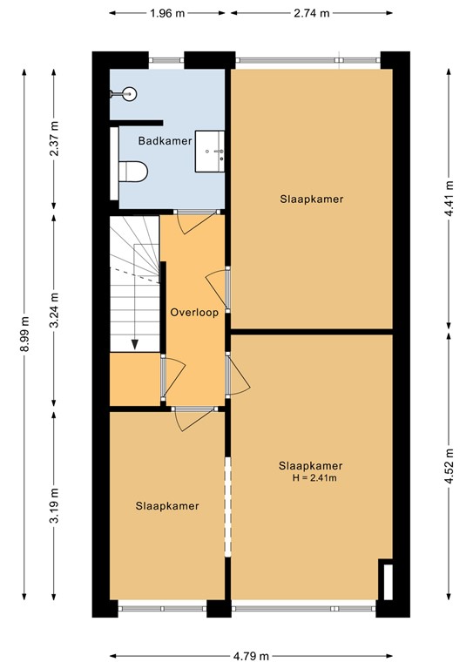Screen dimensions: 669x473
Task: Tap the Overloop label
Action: tap(193, 312)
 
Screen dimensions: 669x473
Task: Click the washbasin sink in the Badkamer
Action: tap(211, 152)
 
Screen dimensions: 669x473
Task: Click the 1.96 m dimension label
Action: tap(171, 13)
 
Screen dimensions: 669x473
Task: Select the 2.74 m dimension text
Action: tap(311, 13)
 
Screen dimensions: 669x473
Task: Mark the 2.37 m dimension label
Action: tap(54, 137)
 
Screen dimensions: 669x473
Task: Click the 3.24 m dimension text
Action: tap(54, 310)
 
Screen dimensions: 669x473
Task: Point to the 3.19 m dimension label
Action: tap(54, 507)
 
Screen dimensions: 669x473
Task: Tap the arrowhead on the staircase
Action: tap(135, 343)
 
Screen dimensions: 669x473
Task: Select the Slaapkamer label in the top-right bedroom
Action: tap(311, 199)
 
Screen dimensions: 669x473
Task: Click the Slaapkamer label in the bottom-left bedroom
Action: tap(167, 505)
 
